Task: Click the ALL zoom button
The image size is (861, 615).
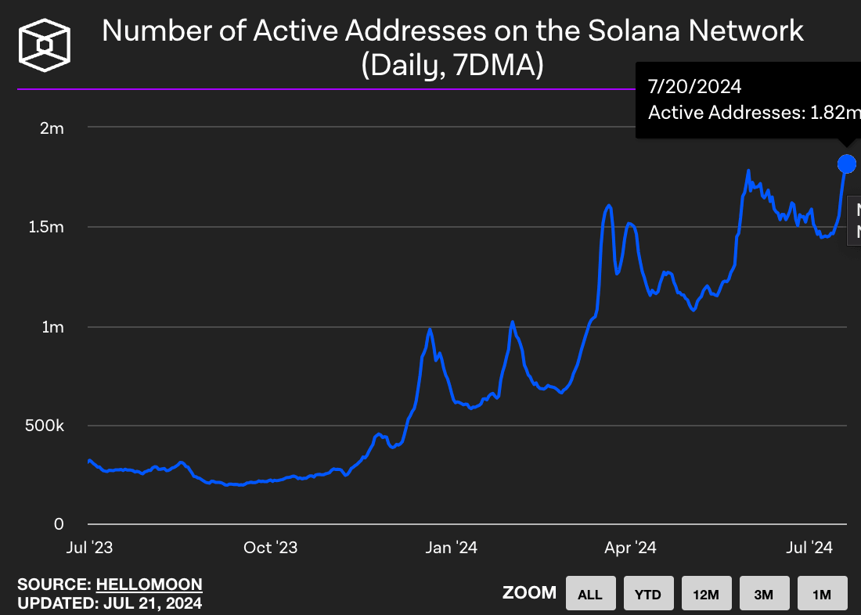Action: pos(589,594)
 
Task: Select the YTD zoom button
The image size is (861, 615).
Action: pos(647,594)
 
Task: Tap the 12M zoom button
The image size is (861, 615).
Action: pos(705,594)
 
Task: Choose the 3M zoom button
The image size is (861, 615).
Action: pos(763,594)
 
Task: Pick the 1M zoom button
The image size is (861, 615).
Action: pos(822,594)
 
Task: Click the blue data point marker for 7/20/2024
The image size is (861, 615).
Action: pos(846,164)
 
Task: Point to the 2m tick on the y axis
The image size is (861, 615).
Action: pos(52,128)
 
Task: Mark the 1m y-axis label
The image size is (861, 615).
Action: pos(52,326)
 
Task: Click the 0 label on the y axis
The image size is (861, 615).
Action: pos(59,523)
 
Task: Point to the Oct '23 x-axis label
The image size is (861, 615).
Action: pos(270,548)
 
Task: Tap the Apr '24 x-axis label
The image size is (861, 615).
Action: pos(631,548)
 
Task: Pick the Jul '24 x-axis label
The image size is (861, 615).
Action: pos(809,548)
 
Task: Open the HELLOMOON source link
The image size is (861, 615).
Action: pos(149,584)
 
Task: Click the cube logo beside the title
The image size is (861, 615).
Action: pos(45,45)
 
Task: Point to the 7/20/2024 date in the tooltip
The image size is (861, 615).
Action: pos(694,85)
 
